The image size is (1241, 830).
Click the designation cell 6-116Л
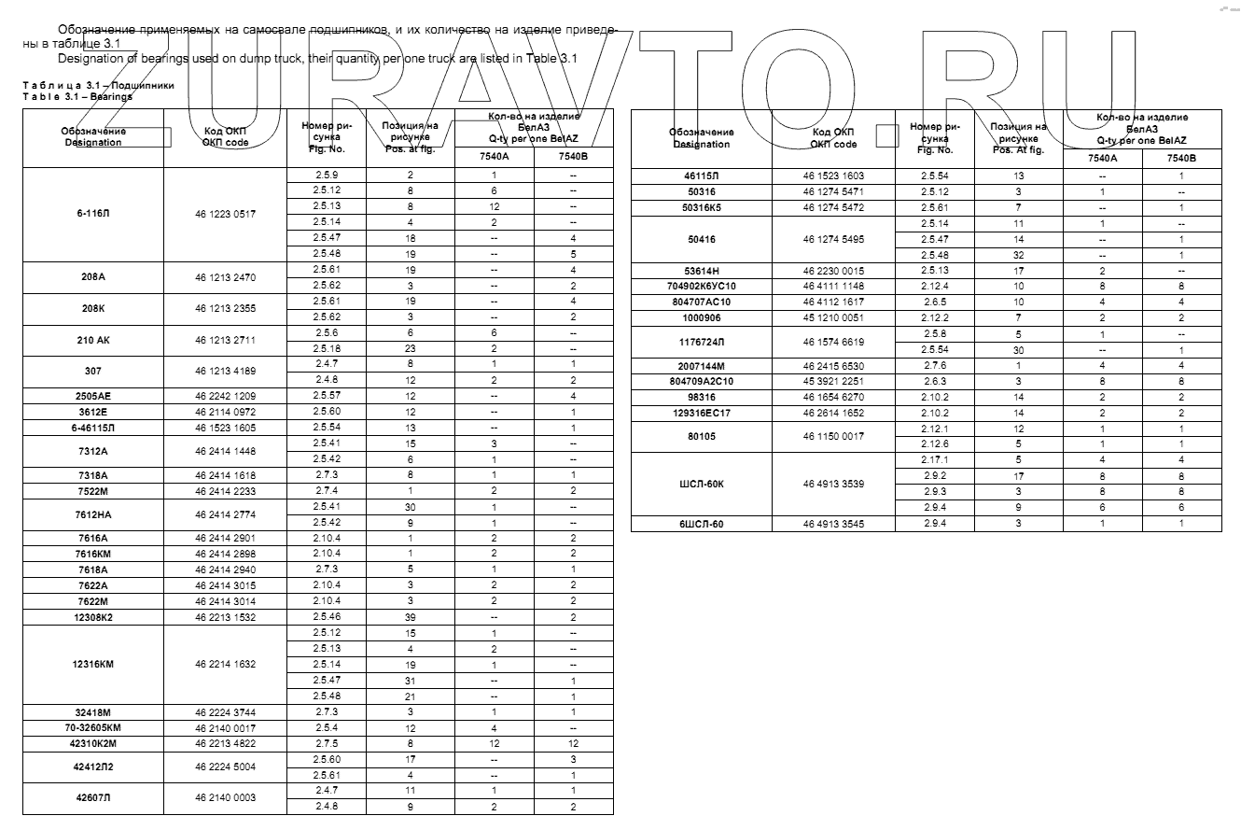(93, 214)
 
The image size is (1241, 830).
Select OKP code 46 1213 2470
(225, 277)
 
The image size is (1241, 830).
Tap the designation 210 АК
(93, 340)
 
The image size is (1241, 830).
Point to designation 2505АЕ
(93, 395)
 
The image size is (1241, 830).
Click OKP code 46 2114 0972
(225, 411)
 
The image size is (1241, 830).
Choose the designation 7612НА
(93, 514)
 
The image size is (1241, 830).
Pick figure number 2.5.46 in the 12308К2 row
(327, 617)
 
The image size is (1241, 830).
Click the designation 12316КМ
(93, 664)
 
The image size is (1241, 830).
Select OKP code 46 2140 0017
(225, 727)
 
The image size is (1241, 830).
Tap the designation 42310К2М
(93, 743)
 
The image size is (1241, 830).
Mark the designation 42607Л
(93, 797)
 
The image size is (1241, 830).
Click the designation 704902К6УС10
(702, 286)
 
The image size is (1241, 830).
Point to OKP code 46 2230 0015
(833, 270)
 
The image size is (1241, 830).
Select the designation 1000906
(702, 317)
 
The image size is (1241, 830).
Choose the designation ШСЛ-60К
(702, 484)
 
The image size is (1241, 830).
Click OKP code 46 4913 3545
(833, 524)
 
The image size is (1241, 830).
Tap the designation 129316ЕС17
(702, 412)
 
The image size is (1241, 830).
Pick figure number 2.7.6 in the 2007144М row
(935, 365)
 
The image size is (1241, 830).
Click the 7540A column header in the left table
(494, 156)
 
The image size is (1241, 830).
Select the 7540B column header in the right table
(1180, 159)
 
